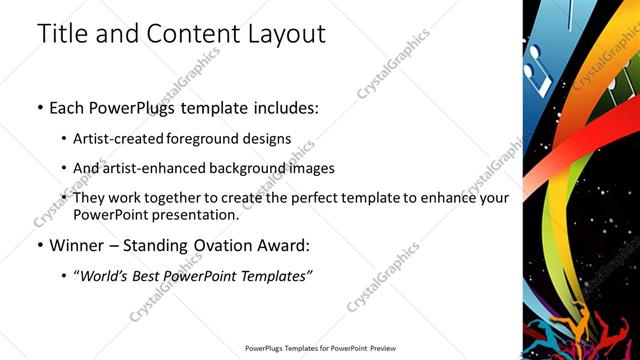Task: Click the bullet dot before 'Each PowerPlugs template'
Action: pos(39,105)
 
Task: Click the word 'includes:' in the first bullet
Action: pos(280,105)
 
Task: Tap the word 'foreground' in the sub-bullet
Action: pos(204,139)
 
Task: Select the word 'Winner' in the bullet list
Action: pos(77,245)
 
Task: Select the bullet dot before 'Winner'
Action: pos(39,245)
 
